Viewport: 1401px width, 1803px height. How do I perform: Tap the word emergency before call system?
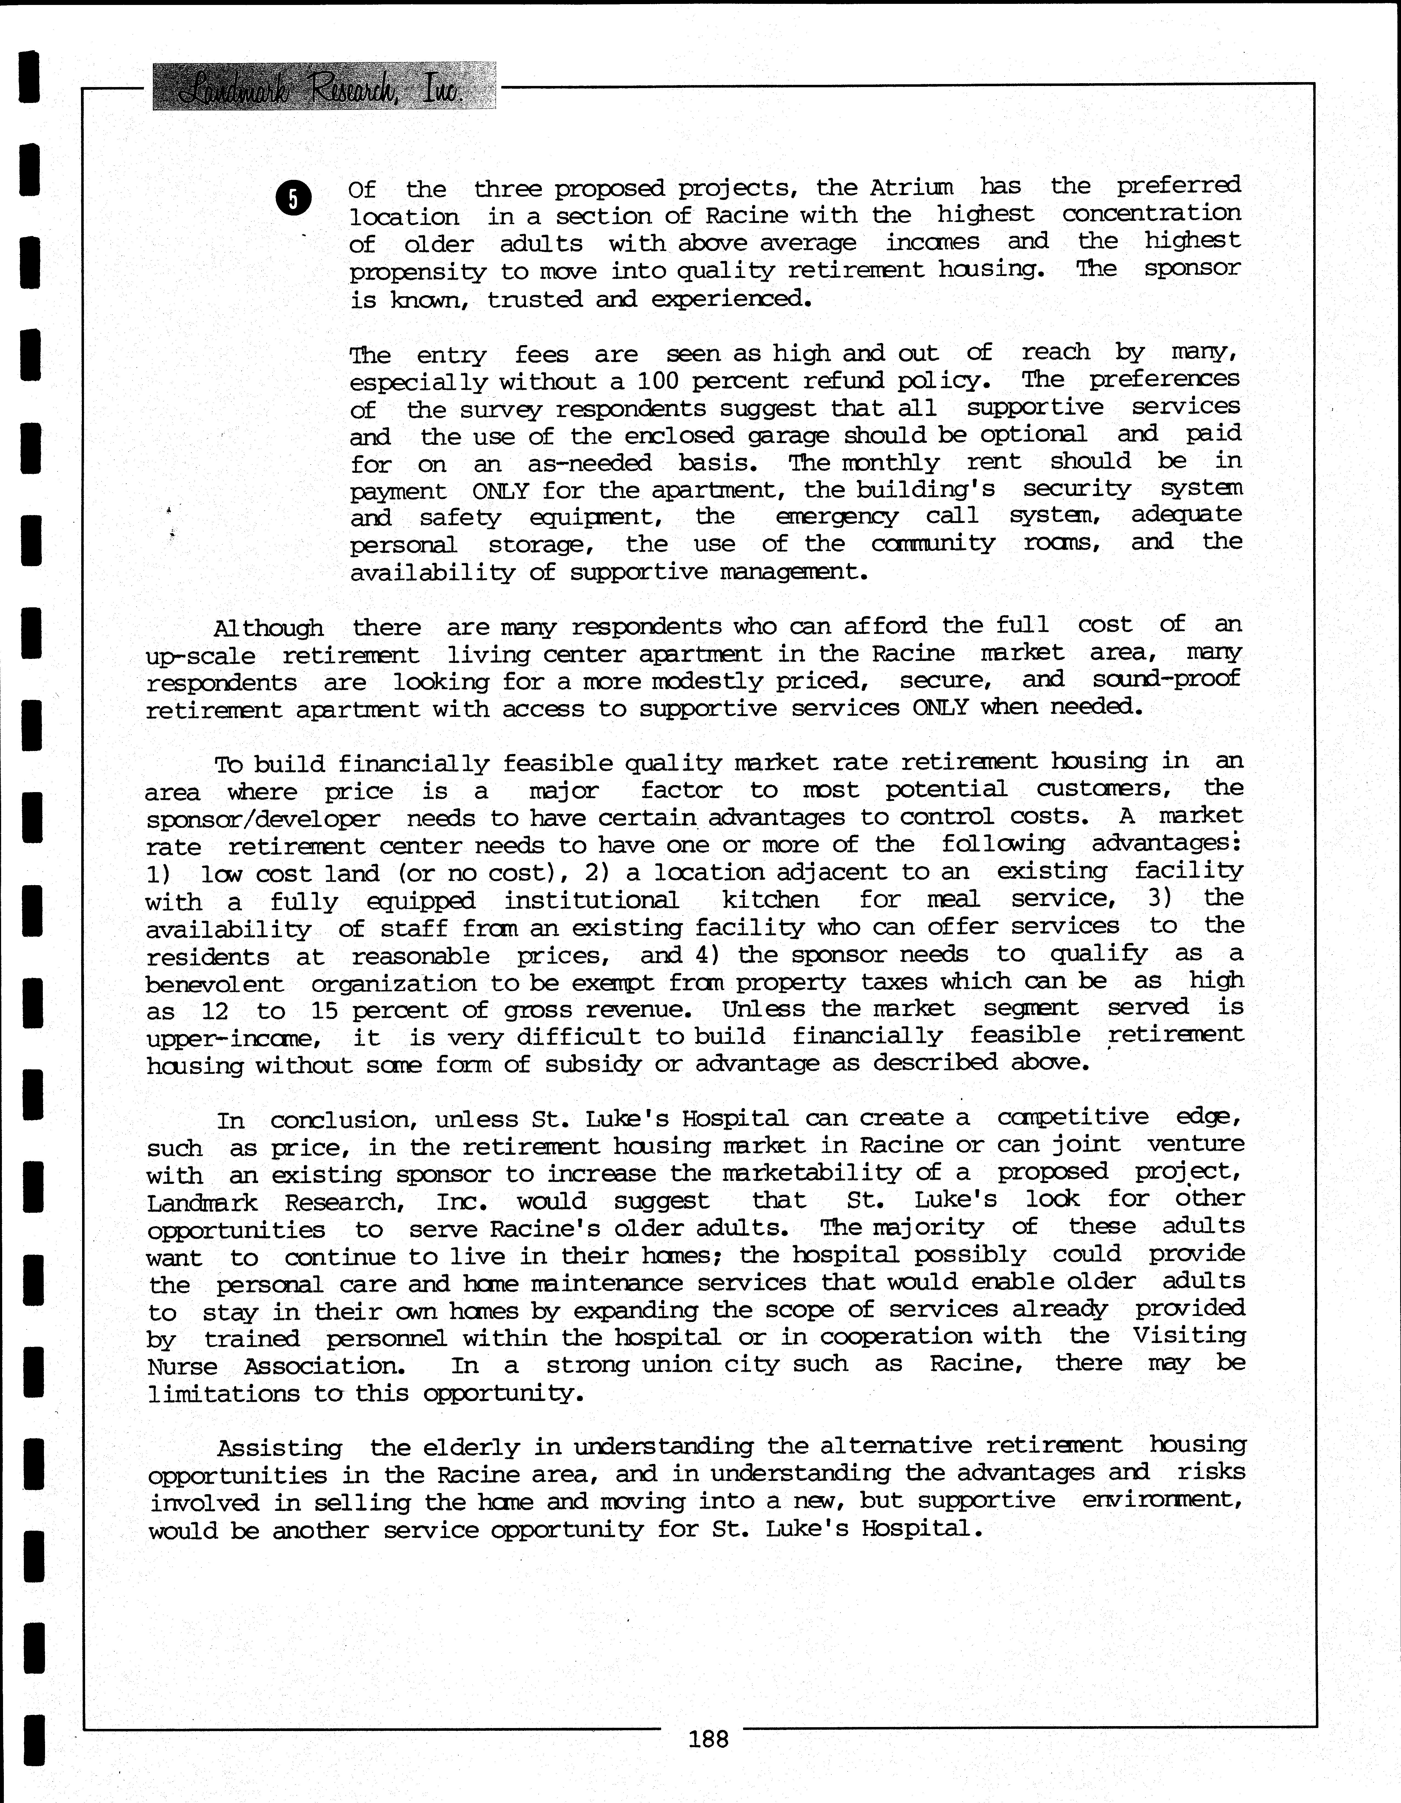[836, 517]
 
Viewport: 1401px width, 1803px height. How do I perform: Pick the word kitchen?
[770, 900]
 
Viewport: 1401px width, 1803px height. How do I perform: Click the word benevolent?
[215, 984]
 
